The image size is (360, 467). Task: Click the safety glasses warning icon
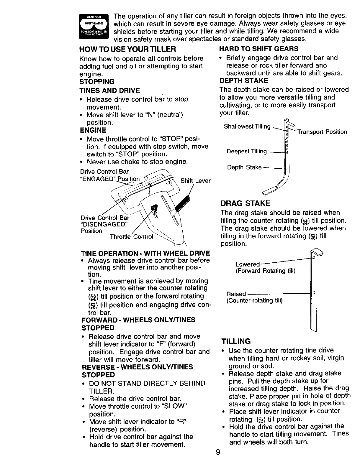pos(94,27)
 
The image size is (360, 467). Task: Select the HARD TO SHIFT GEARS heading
pos(259,49)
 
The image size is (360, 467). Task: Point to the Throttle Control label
pos(131,237)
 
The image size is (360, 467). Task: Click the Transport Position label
pos(322,132)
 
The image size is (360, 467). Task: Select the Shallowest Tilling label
pos(247,126)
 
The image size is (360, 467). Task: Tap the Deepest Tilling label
pos(246,152)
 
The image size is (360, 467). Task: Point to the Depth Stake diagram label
pos(244,167)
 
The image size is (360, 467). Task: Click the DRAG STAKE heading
pos(246,203)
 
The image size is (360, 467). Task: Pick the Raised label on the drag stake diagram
pos(236,294)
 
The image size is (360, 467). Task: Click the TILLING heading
pos(236,341)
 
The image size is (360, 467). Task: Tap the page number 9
pos(218,452)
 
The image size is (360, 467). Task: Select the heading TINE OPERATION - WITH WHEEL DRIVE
pos(145,253)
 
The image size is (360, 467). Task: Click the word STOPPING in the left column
pos(97,82)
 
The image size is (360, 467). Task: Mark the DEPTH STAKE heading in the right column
pos(244,80)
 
